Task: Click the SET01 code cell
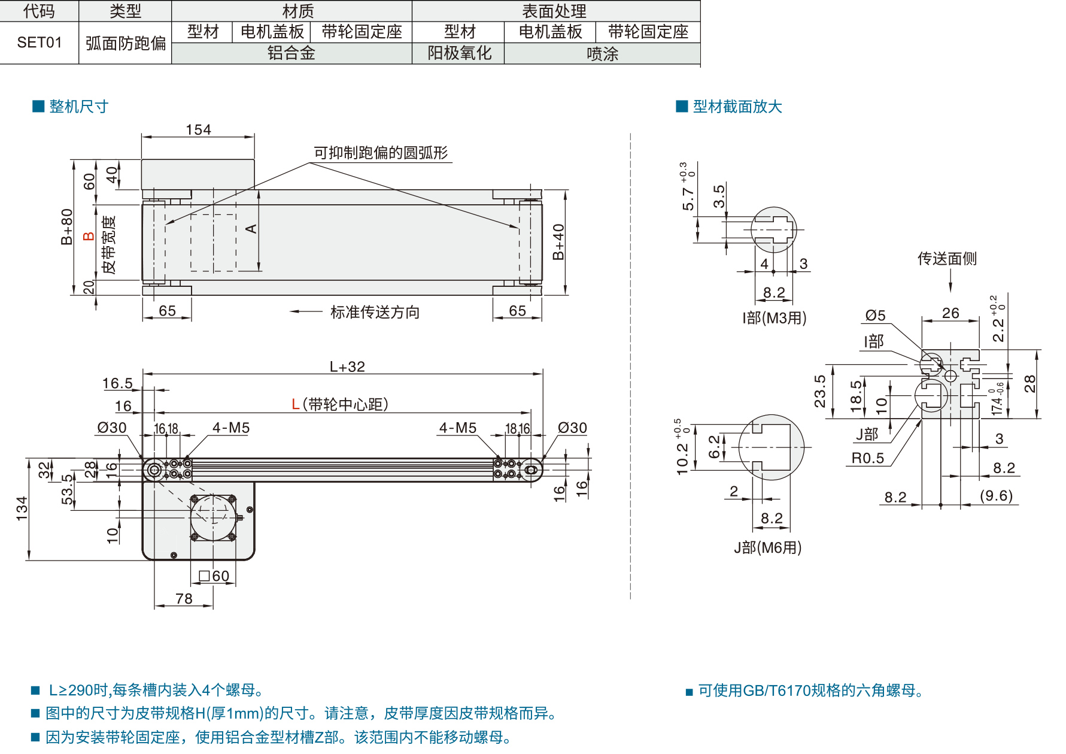click(40, 43)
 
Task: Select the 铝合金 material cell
click(291, 53)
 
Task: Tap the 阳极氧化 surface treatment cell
click(459, 53)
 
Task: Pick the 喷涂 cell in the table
click(602, 54)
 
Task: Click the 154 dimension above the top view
click(198, 129)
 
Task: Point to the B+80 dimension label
click(66, 227)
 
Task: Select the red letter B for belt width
click(89, 236)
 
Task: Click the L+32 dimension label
click(347, 367)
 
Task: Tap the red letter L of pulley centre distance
click(296, 405)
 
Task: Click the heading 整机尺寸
click(79, 107)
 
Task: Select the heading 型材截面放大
click(737, 107)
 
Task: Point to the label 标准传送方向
click(375, 312)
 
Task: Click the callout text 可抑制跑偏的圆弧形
click(381, 153)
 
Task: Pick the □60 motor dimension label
click(214, 576)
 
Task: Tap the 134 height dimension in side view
click(22, 508)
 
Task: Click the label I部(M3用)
click(775, 318)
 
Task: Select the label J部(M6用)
click(768, 547)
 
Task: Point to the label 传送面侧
click(947, 259)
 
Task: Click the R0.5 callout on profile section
click(868, 458)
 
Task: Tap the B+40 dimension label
click(558, 242)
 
